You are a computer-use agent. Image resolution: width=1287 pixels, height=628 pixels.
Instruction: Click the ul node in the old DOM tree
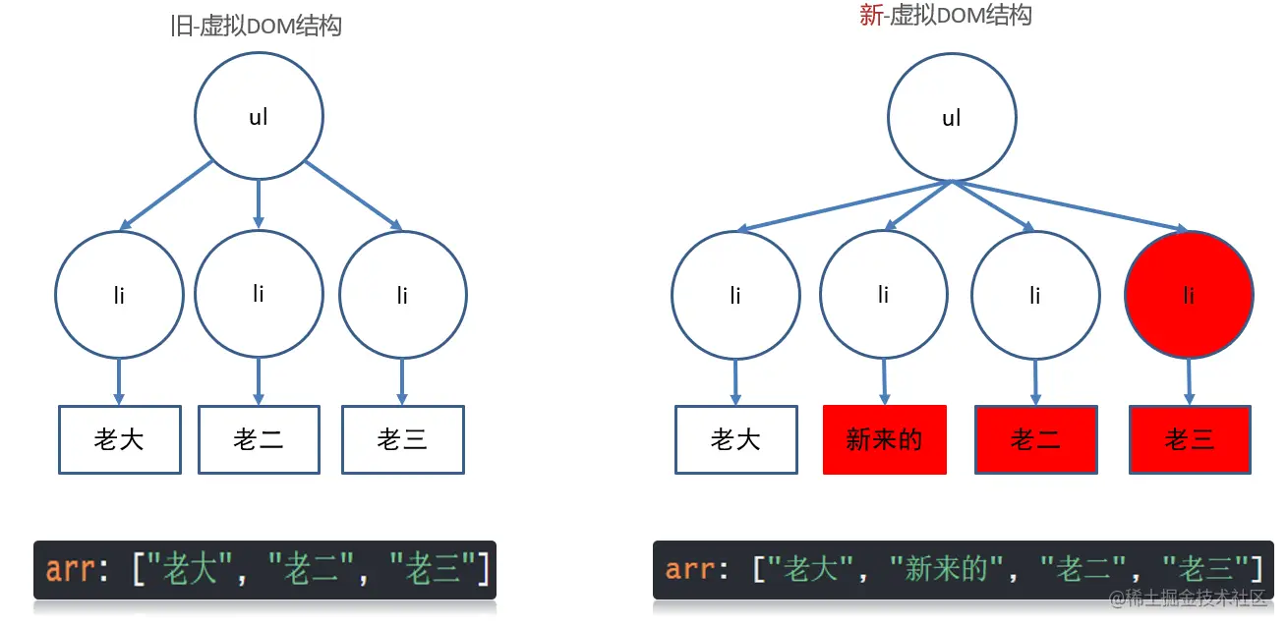259,116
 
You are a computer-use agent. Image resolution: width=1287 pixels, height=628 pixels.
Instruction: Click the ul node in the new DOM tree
951,118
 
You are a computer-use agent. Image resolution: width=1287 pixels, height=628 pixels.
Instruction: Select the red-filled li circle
1189,295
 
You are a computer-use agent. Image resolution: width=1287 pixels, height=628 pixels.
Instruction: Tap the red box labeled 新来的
884,439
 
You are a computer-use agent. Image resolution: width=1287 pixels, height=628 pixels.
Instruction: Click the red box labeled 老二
1035,439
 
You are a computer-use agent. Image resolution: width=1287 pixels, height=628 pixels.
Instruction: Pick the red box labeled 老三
1190,439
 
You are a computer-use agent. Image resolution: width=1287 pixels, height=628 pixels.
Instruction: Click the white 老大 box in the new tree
735,439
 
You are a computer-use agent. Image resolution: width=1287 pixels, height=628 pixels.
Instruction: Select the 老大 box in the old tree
119,439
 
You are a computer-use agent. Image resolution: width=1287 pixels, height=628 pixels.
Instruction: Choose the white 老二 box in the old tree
259,439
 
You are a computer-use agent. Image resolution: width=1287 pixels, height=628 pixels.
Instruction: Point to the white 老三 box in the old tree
402,439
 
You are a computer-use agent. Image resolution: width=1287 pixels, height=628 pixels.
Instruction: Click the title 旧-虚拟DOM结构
256,27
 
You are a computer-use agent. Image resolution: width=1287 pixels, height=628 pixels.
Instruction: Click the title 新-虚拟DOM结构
945,16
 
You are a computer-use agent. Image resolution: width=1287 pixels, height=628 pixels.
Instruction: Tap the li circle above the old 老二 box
259,293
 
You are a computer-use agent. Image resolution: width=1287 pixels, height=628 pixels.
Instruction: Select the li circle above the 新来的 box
883,295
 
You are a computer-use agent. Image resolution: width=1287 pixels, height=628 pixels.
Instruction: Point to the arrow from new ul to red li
1072,206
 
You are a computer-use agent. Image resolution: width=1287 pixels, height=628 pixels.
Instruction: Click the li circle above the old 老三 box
403,295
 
